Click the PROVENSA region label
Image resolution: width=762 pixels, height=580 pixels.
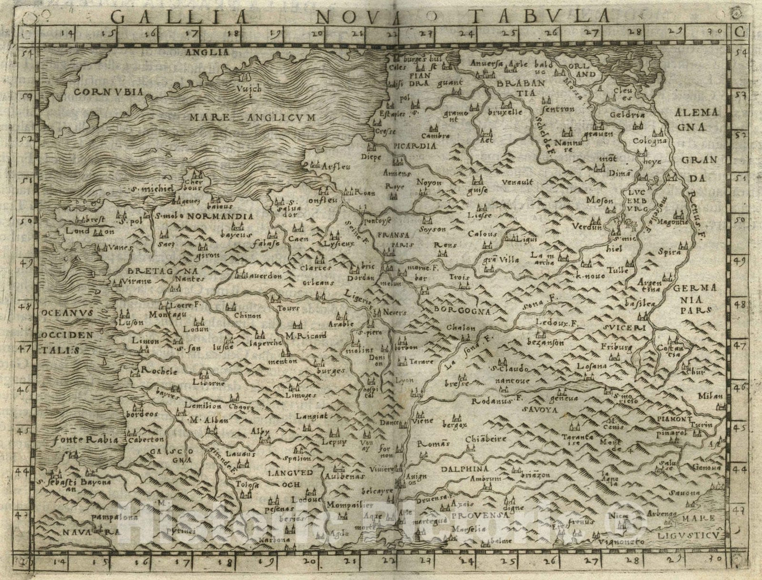pos(478,515)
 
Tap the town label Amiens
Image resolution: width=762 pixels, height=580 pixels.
pos(396,173)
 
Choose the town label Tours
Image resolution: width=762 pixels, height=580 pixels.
pos(289,308)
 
